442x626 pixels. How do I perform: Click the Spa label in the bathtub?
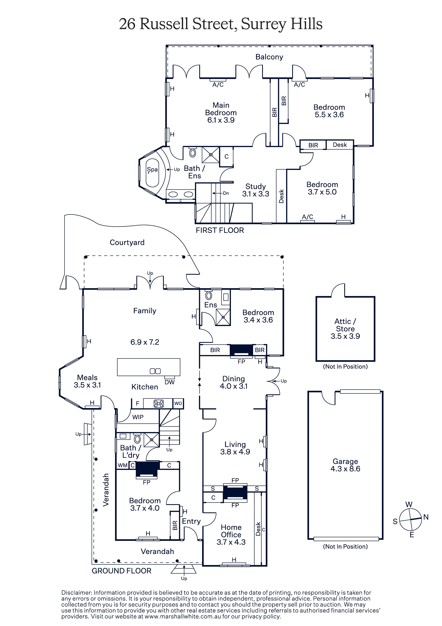[x=152, y=169]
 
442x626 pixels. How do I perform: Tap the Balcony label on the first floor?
[x=269, y=57]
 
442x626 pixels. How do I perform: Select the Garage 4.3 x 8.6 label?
[x=345, y=465]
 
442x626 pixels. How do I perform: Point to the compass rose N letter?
[x=426, y=517]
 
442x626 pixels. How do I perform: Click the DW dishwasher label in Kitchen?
[x=169, y=382]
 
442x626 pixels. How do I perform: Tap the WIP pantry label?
[x=138, y=417]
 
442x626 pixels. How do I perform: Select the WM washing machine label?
[x=123, y=465]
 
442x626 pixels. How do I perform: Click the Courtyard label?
[x=127, y=242]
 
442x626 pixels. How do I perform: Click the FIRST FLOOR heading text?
[x=220, y=230]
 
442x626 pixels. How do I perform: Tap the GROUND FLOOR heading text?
[x=121, y=571]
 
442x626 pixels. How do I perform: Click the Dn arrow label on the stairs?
[x=226, y=193]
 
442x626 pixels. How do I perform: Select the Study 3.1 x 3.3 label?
[x=256, y=190]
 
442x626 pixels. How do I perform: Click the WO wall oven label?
[x=178, y=403]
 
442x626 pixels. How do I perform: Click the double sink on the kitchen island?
[x=155, y=371]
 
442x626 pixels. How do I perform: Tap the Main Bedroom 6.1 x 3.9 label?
[x=221, y=113]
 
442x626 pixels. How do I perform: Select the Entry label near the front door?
[x=191, y=521]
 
